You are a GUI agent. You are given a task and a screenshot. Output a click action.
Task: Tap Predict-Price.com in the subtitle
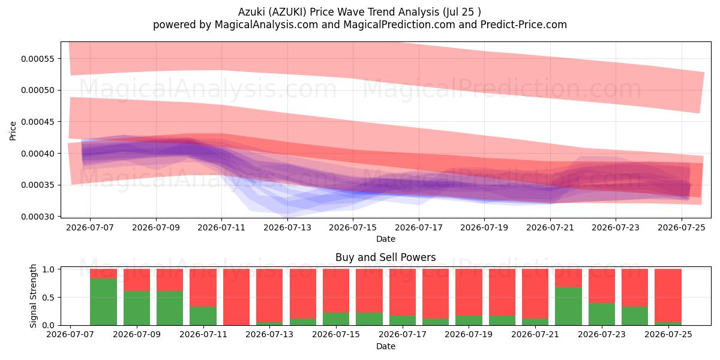click(524, 25)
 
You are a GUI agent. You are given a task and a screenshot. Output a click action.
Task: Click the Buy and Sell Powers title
click(385, 257)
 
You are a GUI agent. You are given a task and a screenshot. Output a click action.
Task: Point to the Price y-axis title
click(13, 131)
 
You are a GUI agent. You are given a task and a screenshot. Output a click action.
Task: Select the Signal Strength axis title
click(33, 296)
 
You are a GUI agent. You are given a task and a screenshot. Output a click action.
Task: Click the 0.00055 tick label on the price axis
click(38, 59)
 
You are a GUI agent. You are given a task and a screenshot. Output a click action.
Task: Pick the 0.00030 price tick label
click(38, 217)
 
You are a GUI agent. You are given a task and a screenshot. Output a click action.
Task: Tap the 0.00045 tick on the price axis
click(38, 122)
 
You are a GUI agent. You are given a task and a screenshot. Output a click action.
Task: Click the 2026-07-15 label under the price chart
click(353, 227)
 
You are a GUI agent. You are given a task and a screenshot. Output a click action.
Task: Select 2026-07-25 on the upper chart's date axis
click(682, 227)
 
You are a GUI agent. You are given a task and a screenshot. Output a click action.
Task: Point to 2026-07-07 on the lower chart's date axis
click(70, 334)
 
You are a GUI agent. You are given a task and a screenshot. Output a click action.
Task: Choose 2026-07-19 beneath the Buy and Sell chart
click(469, 334)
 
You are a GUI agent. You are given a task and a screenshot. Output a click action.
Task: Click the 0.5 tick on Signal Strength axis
click(49, 298)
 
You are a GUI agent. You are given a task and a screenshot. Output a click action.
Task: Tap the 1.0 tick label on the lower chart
click(49, 269)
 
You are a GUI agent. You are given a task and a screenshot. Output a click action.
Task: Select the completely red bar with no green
click(236, 297)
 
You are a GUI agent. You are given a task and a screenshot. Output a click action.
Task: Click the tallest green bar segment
click(103, 302)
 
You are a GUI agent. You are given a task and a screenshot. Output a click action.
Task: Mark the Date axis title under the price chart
click(386, 239)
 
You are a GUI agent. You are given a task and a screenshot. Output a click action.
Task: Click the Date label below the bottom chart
click(386, 346)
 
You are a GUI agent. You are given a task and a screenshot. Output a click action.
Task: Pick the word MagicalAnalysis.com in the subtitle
click(266, 25)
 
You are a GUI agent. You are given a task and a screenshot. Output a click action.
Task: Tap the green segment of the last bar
click(668, 323)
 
